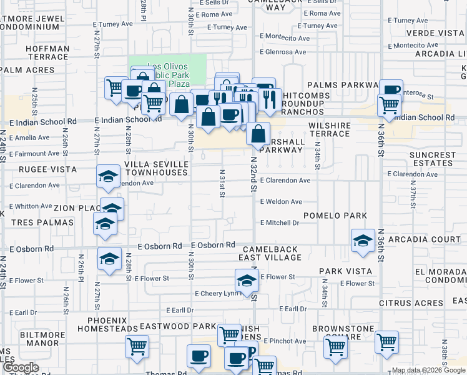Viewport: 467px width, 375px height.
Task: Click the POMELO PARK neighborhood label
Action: click(x=335, y=216)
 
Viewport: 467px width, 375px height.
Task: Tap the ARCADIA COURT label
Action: click(x=425, y=239)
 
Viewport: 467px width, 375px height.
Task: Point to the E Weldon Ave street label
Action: click(x=281, y=202)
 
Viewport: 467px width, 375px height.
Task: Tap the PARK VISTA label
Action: click(x=345, y=271)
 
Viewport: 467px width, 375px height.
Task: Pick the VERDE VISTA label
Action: click(x=436, y=32)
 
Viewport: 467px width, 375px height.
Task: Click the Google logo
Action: click(x=21, y=368)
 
